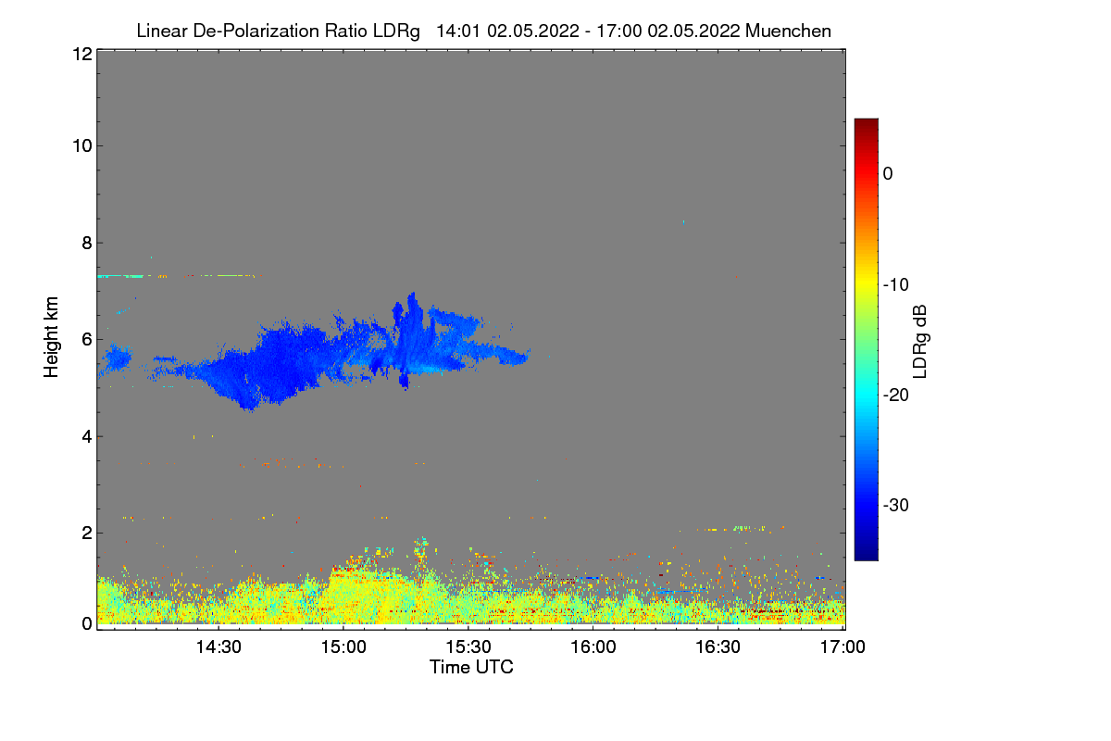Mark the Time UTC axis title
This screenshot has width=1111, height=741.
(471, 667)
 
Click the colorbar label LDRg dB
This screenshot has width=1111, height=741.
(919, 340)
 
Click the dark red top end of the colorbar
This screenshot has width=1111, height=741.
(866, 123)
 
